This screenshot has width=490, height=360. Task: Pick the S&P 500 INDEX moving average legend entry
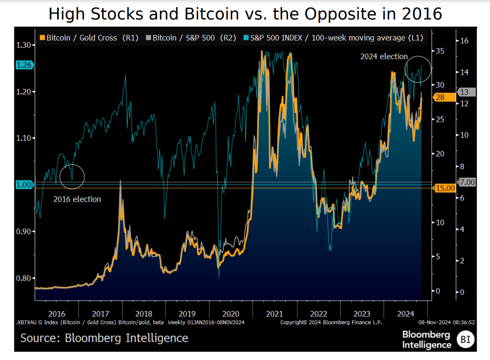333,38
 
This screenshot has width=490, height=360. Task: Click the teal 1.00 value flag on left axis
24,185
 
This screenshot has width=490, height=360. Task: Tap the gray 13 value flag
464,92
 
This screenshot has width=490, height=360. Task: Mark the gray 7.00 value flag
465,182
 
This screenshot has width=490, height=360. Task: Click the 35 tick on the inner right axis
441,50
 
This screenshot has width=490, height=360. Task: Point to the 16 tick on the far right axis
464,41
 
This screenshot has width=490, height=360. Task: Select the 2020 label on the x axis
231,314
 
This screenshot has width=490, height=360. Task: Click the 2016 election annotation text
77,199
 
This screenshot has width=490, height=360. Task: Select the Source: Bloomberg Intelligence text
104,338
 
